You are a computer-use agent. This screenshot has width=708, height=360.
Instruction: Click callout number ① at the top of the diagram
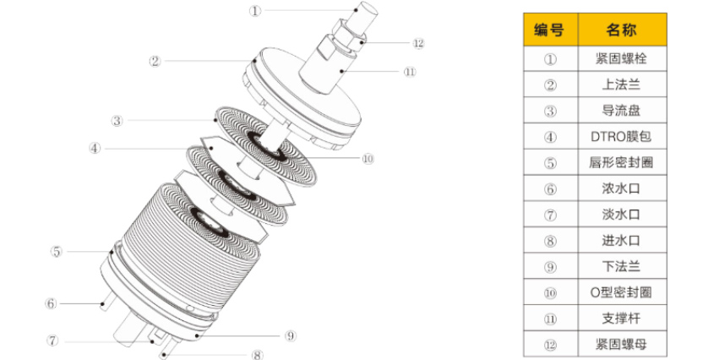[256, 11]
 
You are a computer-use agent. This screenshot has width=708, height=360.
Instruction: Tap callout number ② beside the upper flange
[155, 61]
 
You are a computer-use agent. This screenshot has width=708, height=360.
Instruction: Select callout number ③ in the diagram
[117, 120]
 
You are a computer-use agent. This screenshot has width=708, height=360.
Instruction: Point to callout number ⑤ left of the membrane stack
[56, 251]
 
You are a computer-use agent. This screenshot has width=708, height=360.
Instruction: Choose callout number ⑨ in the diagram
[291, 335]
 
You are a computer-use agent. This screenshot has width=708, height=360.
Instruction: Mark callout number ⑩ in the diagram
[367, 158]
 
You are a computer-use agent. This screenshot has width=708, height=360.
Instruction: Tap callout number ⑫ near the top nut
[418, 43]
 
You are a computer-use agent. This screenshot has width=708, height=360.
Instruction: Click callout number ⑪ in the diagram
[410, 72]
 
